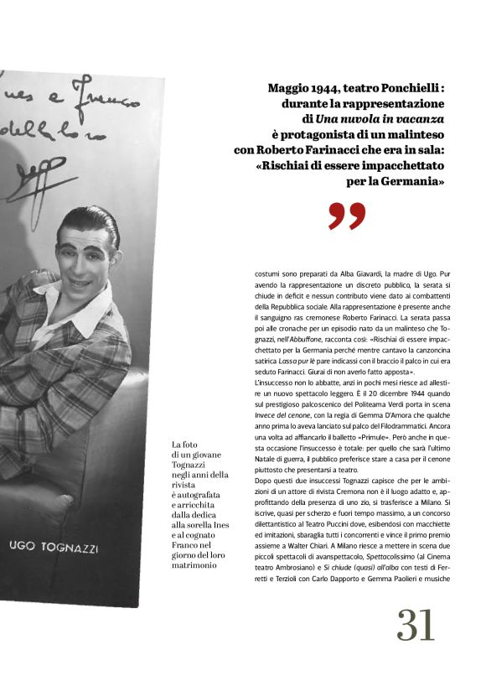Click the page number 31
point(416,625)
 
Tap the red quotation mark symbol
point(347,216)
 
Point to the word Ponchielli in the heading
point(408,87)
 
